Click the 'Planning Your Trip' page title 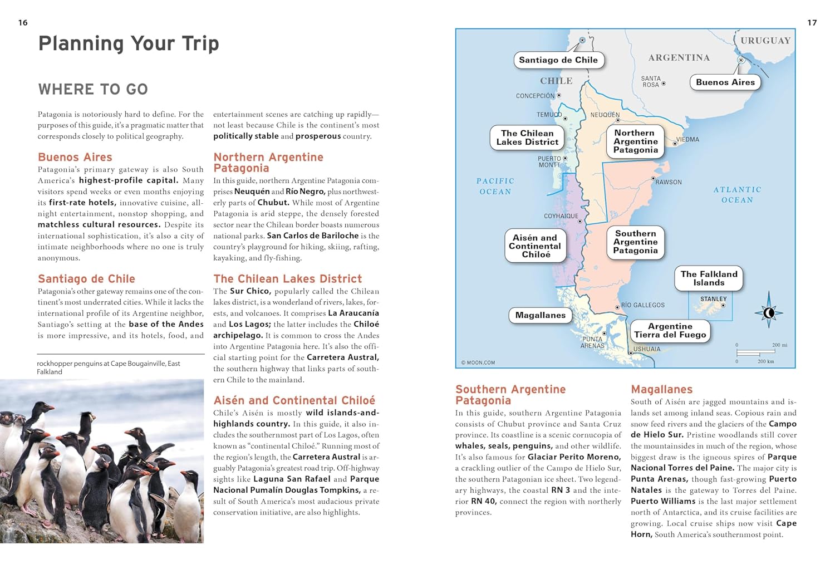[x=129, y=43]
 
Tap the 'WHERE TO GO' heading [x=93, y=89]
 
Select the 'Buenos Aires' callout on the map [x=725, y=82]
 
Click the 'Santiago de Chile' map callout [x=558, y=60]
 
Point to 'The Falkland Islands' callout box [x=709, y=278]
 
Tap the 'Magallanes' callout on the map [x=540, y=315]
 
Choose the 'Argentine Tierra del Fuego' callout [x=670, y=331]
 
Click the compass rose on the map [x=769, y=312]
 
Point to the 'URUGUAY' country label [x=765, y=41]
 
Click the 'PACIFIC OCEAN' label [x=495, y=187]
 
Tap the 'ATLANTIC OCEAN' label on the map [x=737, y=195]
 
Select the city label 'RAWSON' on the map [x=668, y=182]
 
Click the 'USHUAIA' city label [x=647, y=349]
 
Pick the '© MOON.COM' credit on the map [x=478, y=362]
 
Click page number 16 [x=23, y=23]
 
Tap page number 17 [x=812, y=23]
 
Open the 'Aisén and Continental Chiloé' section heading [x=294, y=400]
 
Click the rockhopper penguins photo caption [x=109, y=367]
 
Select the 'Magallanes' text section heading [x=661, y=390]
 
